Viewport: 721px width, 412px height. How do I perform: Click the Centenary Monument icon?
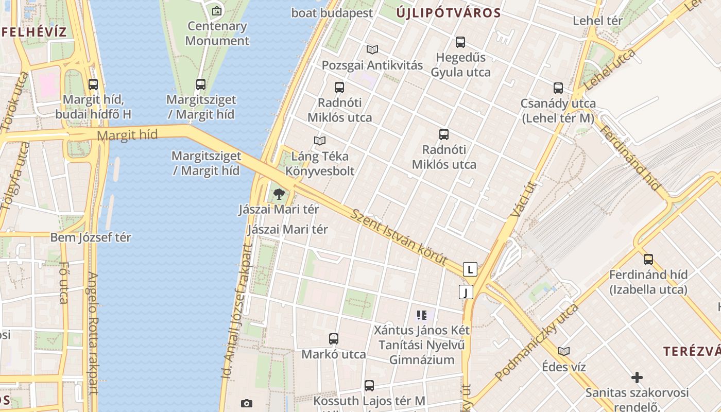(217, 10)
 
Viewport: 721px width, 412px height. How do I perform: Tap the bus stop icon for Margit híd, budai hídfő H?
(93, 84)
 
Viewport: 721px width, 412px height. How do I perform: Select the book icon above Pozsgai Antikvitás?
(372, 49)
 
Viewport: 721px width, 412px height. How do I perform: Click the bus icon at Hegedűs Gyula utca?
(460, 42)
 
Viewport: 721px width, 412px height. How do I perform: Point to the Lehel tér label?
(597, 21)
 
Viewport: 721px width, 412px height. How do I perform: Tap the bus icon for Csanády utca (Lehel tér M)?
(558, 88)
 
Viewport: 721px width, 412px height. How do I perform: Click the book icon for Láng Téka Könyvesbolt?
(320, 141)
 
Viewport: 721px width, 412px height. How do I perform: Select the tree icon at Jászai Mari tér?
(279, 194)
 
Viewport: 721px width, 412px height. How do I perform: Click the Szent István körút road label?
(399, 236)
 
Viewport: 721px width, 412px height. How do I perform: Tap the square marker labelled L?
(470, 269)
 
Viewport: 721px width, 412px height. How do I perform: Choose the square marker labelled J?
(466, 293)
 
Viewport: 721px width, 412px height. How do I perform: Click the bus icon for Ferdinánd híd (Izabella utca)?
(648, 260)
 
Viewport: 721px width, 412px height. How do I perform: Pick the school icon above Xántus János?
(422, 315)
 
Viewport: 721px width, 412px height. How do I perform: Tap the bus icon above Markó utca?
(334, 339)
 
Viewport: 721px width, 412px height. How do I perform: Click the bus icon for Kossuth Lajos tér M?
(369, 385)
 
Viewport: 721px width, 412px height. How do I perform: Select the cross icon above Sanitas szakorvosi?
(637, 377)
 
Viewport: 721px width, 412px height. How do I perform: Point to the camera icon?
(247, 403)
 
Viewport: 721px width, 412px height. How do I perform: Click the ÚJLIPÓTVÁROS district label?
(449, 13)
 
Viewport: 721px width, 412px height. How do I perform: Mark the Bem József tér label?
(91, 237)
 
